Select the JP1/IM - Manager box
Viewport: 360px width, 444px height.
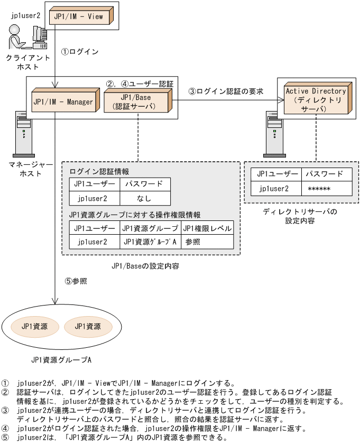click(x=62, y=101)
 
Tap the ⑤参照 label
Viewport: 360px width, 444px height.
click(x=76, y=281)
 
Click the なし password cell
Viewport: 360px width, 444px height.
click(x=145, y=198)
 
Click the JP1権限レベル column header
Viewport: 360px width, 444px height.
click(x=207, y=228)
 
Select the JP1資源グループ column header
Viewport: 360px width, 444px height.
click(x=150, y=228)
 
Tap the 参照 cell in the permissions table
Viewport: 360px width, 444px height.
click(x=192, y=242)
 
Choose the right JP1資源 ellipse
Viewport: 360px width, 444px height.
click(x=87, y=327)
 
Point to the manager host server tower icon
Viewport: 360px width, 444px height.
click(x=23, y=133)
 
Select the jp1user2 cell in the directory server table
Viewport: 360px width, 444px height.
click(x=273, y=189)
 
